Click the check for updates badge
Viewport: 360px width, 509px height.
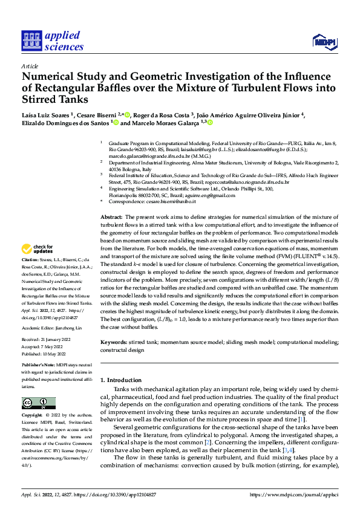click(x=37, y=266)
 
